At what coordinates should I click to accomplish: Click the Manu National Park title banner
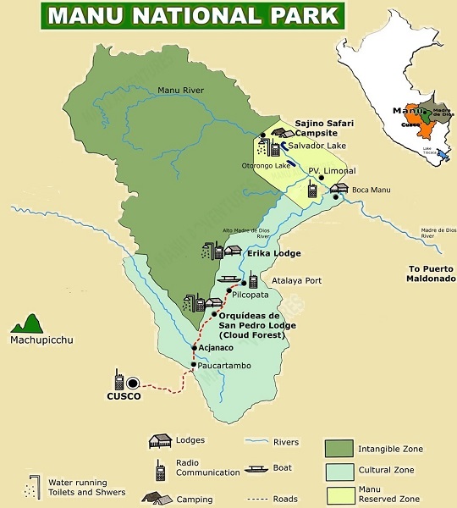pyautogui.click(x=193, y=16)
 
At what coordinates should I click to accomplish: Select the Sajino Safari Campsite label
pyautogui.click(x=324, y=128)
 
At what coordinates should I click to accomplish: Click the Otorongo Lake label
pyautogui.click(x=268, y=165)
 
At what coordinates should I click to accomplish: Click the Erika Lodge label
pyautogui.click(x=274, y=253)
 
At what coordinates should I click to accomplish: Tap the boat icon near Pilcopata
pyautogui.click(x=228, y=279)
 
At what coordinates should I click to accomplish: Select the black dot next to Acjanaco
pyautogui.click(x=195, y=347)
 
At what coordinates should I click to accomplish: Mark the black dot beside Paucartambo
pyautogui.click(x=194, y=365)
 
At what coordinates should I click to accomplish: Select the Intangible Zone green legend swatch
pyautogui.click(x=338, y=448)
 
